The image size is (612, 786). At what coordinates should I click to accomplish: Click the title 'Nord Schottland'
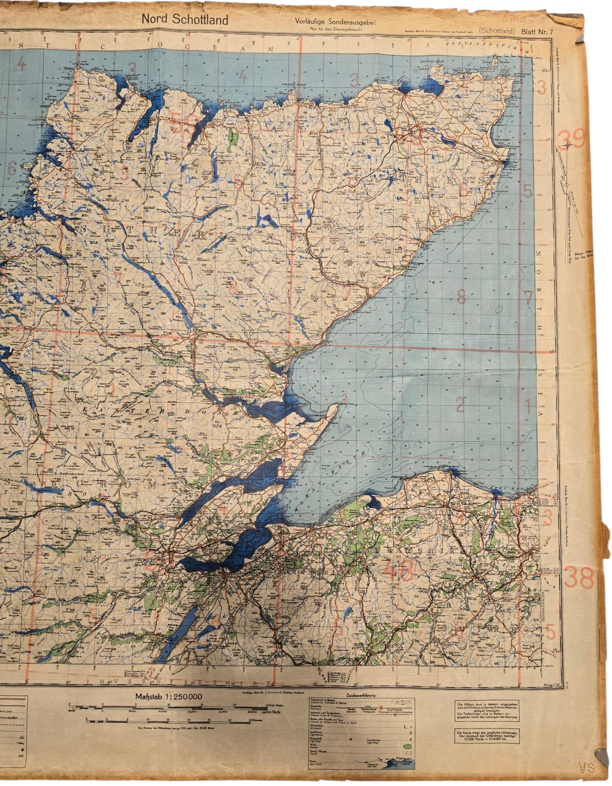click(x=185, y=20)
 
